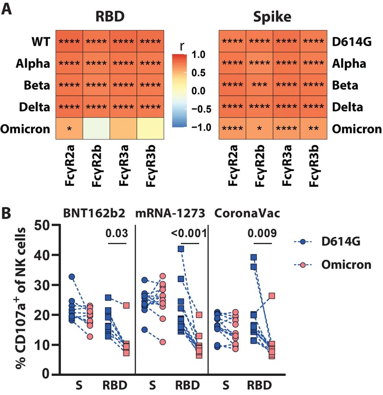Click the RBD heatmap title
(x=110, y=16)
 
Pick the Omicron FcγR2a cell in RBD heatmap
(x=69, y=128)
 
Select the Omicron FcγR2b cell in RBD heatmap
(x=96, y=128)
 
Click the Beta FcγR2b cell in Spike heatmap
(x=259, y=85)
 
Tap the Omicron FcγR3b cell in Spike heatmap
(x=313, y=128)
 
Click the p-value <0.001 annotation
(x=188, y=233)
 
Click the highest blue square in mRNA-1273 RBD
(x=181, y=249)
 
